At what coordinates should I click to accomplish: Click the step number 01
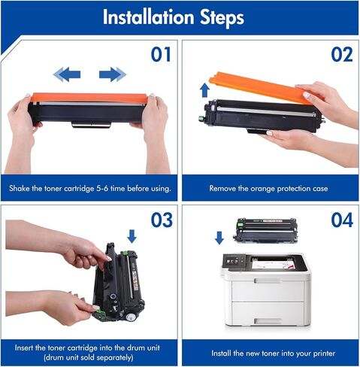[161, 54]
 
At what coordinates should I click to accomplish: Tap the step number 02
[342, 54]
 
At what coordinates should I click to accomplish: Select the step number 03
[162, 220]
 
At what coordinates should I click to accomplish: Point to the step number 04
[342, 220]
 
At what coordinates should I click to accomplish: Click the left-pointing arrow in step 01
[67, 74]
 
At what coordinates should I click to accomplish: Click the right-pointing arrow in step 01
[113, 74]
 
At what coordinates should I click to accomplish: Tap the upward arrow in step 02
[205, 90]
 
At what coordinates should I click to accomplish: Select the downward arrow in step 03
[132, 236]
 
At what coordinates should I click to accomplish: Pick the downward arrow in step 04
[219, 238]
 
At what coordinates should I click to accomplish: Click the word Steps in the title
[222, 17]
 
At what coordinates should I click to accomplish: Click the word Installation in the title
[149, 17]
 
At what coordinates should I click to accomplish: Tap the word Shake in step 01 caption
[20, 188]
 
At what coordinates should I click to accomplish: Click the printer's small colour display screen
[232, 262]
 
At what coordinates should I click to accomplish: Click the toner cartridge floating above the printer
[265, 230]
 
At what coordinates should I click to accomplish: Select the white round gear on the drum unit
[130, 318]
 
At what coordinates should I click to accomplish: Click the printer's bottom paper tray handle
[268, 321]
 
